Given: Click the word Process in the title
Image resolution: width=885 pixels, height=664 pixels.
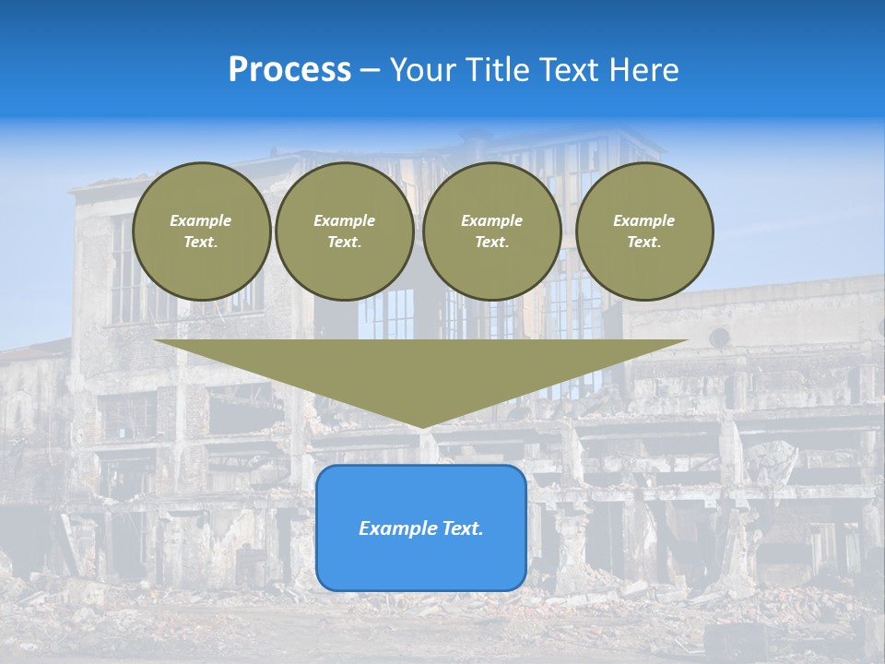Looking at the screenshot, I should [x=289, y=70].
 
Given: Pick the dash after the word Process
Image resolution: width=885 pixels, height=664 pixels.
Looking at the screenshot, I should [x=370, y=72].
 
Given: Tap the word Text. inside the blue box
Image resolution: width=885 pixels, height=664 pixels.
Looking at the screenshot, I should [x=460, y=528].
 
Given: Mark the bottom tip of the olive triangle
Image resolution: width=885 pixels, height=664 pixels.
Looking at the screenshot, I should [x=421, y=425].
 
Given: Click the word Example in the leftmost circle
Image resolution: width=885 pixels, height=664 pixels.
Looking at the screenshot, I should [x=201, y=220].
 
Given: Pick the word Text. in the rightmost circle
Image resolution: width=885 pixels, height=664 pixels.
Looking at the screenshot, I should [x=643, y=242].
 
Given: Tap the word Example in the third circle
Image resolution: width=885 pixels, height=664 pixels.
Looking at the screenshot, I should [x=491, y=220].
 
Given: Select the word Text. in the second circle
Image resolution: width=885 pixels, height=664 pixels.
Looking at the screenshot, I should [x=344, y=242].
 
